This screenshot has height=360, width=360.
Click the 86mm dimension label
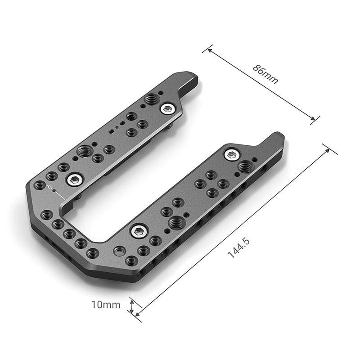(265, 74)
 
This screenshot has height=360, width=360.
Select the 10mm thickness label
(106, 305)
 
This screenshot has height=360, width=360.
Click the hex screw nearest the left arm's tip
(168, 108)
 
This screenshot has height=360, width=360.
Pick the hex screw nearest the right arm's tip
(231, 155)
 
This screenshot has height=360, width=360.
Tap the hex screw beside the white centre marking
(72, 180)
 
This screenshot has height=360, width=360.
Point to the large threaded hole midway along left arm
(84, 151)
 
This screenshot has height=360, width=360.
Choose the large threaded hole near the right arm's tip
(244, 167)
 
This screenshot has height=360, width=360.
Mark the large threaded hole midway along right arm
(175, 221)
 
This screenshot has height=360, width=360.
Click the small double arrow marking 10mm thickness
(131, 307)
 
